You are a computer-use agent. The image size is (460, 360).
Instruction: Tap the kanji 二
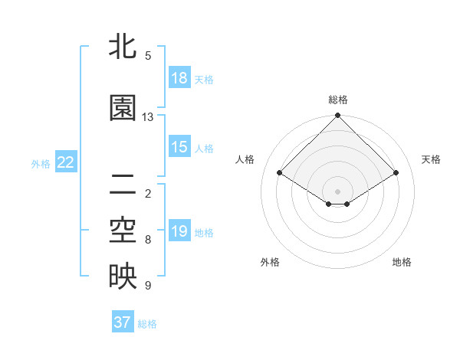click(123, 183)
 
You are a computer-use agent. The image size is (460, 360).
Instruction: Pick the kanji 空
click(123, 231)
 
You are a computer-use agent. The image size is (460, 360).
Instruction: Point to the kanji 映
click(123, 277)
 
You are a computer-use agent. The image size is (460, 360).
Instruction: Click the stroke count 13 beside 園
click(148, 117)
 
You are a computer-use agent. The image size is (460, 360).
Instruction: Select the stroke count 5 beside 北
click(148, 55)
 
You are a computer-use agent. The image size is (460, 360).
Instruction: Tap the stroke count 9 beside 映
click(148, 286)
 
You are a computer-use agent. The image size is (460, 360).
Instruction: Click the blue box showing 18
click(179, 78)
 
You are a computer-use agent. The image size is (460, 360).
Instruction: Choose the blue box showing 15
click(179, 147)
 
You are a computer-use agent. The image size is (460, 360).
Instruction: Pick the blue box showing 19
click(179, 231)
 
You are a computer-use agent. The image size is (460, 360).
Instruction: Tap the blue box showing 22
click(66, 162)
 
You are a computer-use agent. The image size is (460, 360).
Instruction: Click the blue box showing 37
click(122, 322)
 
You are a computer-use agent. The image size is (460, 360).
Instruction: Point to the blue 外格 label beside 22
click(41, 163)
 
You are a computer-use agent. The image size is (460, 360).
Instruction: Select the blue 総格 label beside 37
click(147, 324)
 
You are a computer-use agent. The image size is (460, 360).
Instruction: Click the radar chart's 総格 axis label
click(338, 100)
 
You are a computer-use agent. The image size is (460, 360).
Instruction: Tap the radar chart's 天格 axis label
click(431, 159)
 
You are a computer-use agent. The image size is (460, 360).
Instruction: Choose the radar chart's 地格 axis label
click(402, 262)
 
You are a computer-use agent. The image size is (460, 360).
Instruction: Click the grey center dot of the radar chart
click(338, 190)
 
